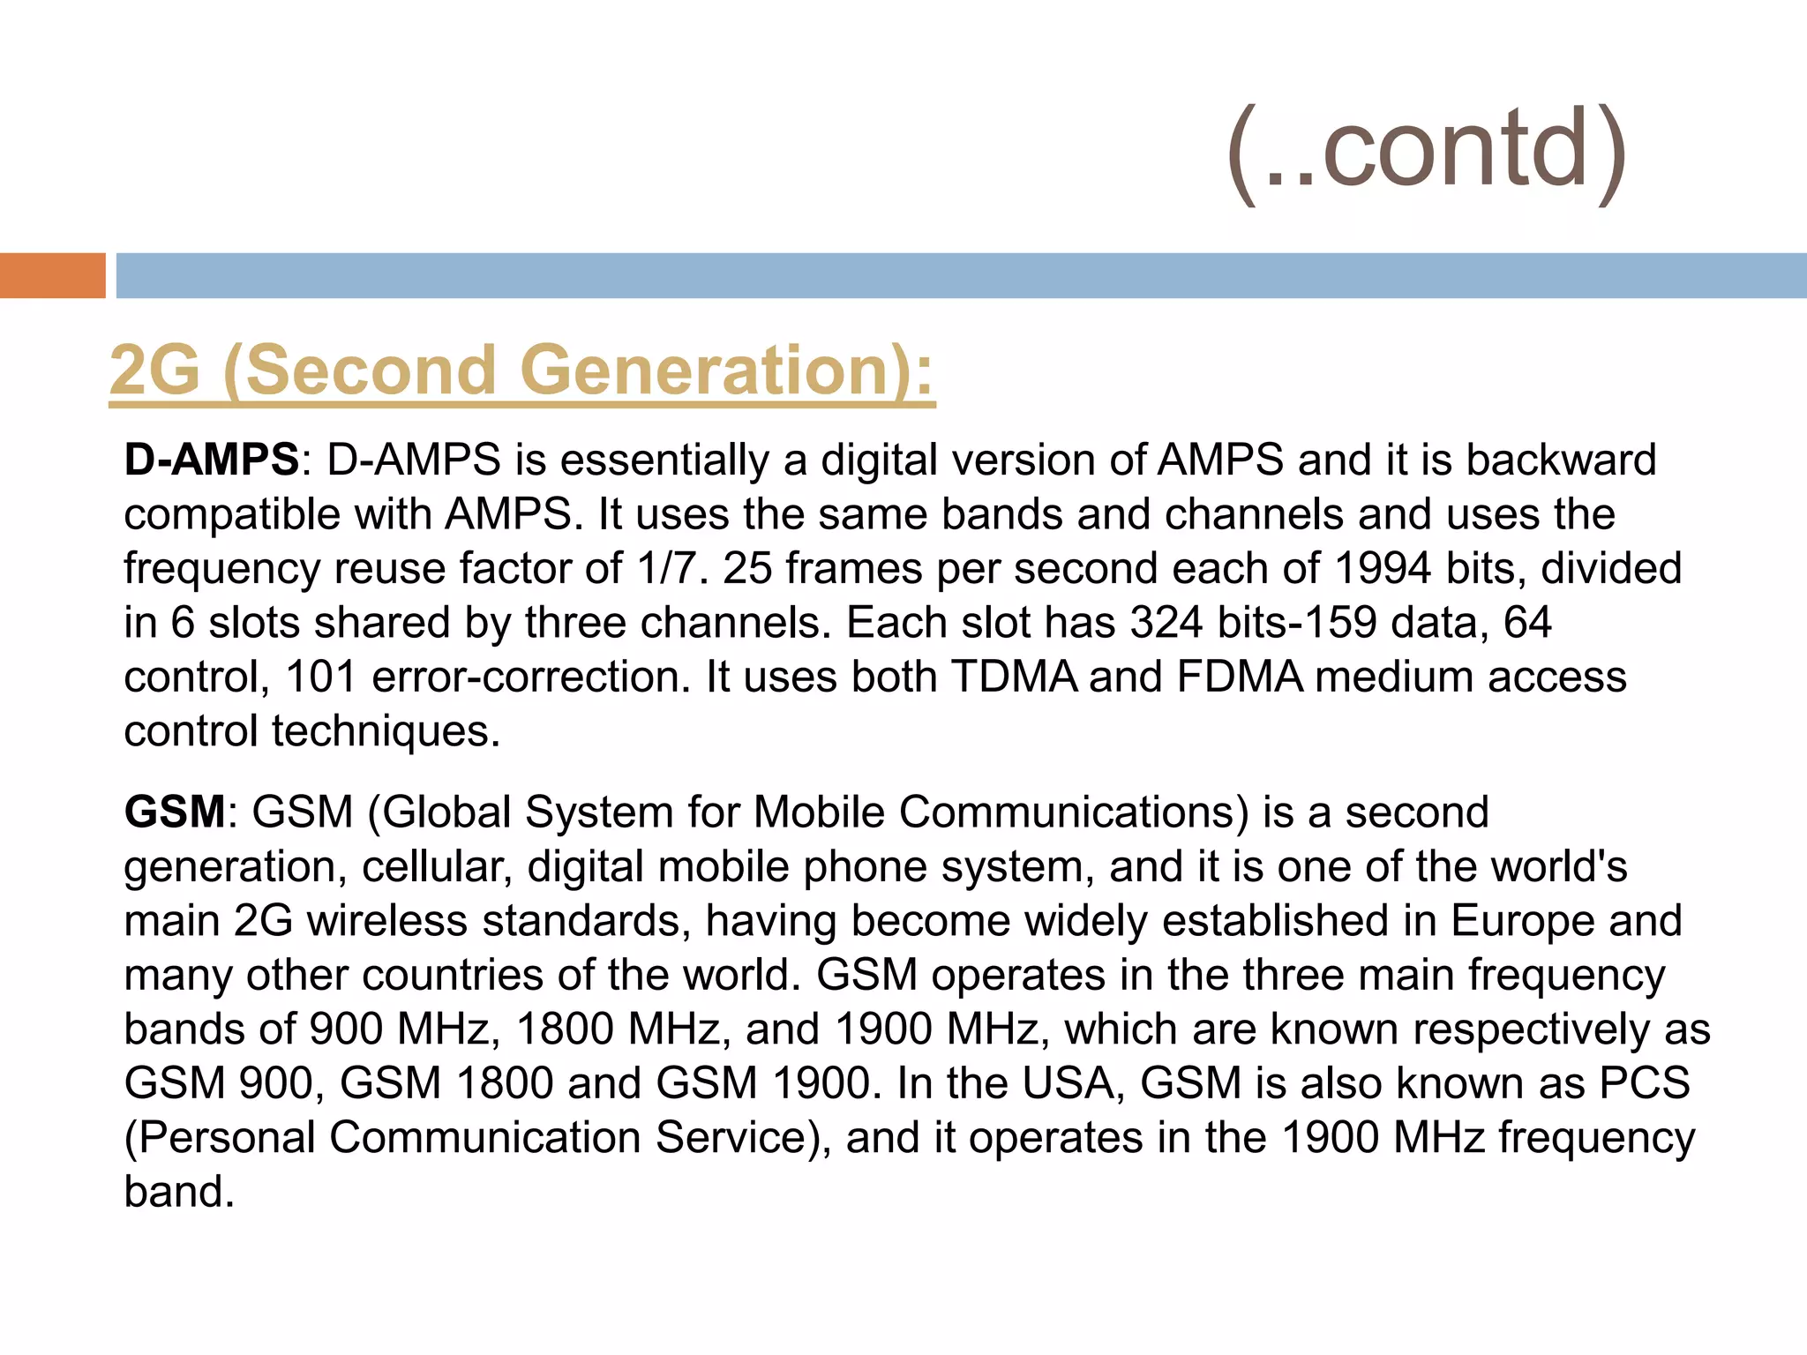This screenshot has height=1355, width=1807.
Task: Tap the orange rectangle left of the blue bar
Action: click(x=52, y=275)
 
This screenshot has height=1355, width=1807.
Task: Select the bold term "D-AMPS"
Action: click(x=212, y=460)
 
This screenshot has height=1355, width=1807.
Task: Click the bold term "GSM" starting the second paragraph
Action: click(x=175, y=812)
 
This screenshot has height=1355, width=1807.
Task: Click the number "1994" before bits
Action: click(x=1383, y=568)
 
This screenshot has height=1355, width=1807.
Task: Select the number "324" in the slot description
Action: click(x=1166, y=623)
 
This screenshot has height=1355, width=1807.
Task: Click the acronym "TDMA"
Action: click(x=1014, y=677)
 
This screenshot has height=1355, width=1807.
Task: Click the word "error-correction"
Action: click(x=530, y=677)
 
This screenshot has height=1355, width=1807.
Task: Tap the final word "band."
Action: click(x=179, y=1192)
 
